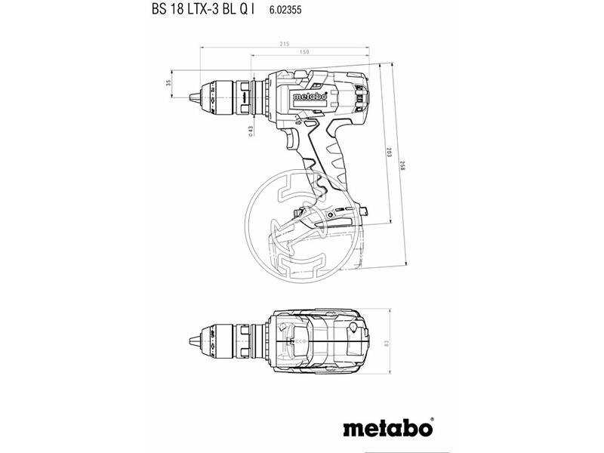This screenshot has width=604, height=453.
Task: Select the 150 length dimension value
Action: click(304, 52)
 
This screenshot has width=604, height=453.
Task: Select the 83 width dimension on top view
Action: click(387, 345)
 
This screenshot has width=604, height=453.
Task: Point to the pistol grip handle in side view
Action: click(332, 162)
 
